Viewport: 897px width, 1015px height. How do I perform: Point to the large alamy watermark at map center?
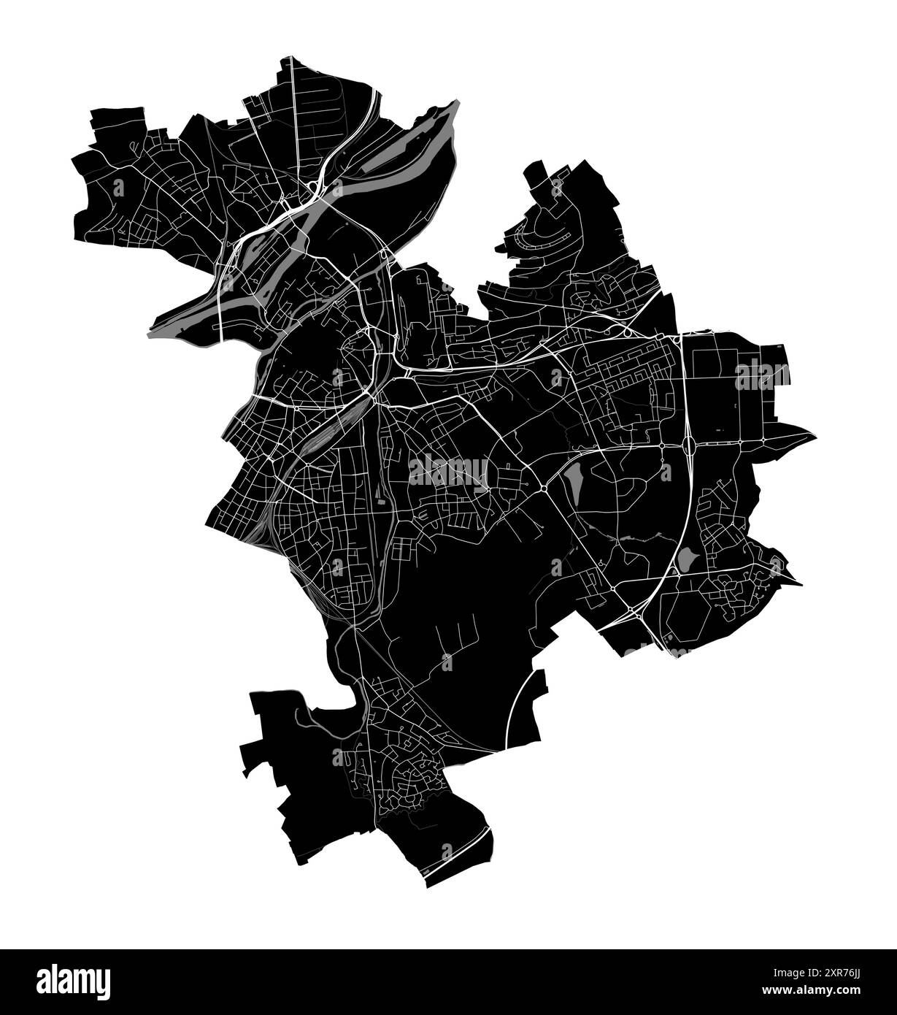pyautogui.click(x=448, y=470)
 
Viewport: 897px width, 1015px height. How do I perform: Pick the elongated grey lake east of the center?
pyautogui.click(x=572, y=483)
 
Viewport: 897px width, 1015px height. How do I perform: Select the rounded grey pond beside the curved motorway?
pyautogui.click(x=687, y=559)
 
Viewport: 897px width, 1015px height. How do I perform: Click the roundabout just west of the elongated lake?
pyautogui.click(x=544, y=488)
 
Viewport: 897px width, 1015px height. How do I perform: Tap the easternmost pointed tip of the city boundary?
pyautogui.click(x=815, y=436)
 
